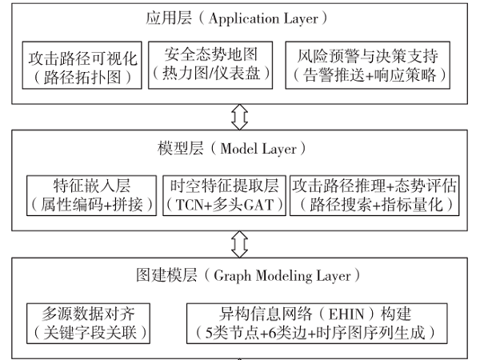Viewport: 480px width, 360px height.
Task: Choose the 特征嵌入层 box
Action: click(x=90, y=194)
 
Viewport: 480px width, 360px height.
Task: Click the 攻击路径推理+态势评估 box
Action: click(x=374, y=194)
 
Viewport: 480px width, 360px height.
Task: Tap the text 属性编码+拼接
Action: click(x=90, y=205)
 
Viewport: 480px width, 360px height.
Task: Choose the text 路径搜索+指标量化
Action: click(x=374, y=205)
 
